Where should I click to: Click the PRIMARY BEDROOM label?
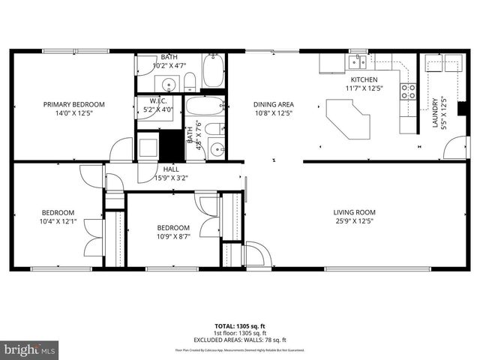point(73,104)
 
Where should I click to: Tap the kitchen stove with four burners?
point(409,91)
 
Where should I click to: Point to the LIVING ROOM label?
point(354,212)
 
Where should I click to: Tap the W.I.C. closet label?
point(157,100)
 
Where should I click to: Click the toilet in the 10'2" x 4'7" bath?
point(190,81)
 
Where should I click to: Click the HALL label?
point(171,169)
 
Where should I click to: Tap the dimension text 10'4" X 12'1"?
point(58,221)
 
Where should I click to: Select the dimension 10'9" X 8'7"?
point(172,237)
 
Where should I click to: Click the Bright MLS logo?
point(30,349)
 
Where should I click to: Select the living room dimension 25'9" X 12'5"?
point(354,221)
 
